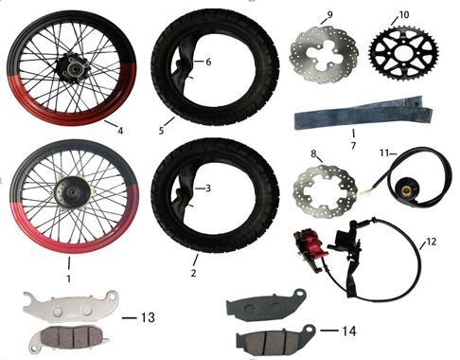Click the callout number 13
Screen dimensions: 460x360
pyautogui.click(x=148, y=317)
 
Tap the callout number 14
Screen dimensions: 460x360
pyautogui.click(x=349, y=331)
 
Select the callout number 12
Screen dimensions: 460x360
pyautogui.click(x=431, y=242)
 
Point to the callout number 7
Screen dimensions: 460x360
pyautogui.click(x=353, y=146)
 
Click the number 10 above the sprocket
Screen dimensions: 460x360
pyautogui.click(x=404, y=14)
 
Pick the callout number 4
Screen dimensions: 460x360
pyautogui.click(x=120, y=130)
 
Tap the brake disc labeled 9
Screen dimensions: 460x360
pyautogui.click(x=324, y=55)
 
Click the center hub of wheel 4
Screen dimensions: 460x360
pyautogui.click(x=72, y=67)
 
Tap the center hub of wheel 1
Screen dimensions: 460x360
pyautogui.click(x=73, y=192)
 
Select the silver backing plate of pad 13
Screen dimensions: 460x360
pyautogui.click(x=71, y=306)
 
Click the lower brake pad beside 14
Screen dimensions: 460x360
pyautogui.click(x=276, y=340)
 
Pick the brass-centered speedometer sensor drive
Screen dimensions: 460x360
pyautogui.click(x=405, y=189)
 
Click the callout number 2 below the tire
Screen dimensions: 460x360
pyautogui.click(x=193, y=273)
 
